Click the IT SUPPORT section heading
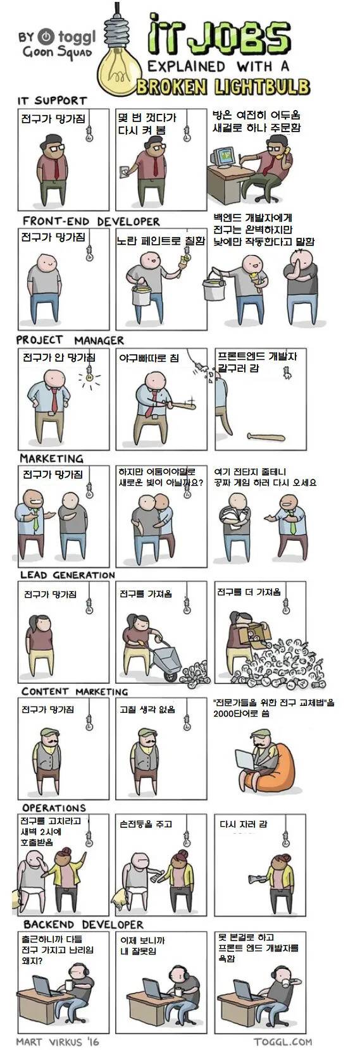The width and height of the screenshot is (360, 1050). click(x=51, y=101)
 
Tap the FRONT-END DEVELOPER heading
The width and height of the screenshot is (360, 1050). click(x=90, y=221)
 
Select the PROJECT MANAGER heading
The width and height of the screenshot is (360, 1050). click(x=70, y=340)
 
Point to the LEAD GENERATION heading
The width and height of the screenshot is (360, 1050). click(x=67, y=575)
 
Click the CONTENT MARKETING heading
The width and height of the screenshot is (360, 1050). click(x=74, y=691)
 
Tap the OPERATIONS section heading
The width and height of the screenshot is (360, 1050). click(x=54, y=808)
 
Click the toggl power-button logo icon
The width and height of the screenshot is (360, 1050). click(x=46, y=36)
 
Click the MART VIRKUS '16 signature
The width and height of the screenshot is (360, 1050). click(x=58, y=1041)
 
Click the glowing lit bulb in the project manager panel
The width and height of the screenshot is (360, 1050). click(x=90, y=377)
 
